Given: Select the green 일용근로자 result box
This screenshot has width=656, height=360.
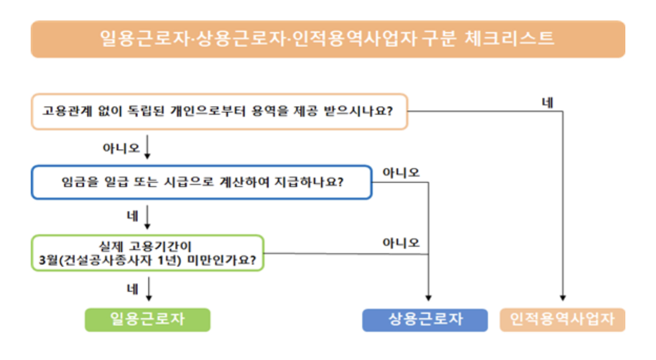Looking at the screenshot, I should (x=148, y=320).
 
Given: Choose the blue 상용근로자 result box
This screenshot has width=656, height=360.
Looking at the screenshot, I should (x=425, y=320).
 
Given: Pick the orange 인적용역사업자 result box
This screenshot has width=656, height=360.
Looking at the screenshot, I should (x=563, y=320).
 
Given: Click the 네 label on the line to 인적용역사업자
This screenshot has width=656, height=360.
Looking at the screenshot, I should (x=548, y=102).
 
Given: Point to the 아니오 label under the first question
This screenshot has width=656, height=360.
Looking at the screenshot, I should (x=121, y=148).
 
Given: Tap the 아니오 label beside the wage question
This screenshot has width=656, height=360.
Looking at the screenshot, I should (x=401, y=173).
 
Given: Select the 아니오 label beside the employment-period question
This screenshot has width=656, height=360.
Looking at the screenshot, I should (x=401, y=243).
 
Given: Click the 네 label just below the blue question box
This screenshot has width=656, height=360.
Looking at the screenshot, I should (x=132, y=217).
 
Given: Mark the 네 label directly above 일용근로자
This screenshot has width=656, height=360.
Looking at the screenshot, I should (x=132, y=289).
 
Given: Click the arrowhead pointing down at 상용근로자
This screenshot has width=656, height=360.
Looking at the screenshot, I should (x=428, y=297).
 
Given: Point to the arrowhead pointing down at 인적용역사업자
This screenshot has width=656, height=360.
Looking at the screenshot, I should (x=563, y=297).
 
